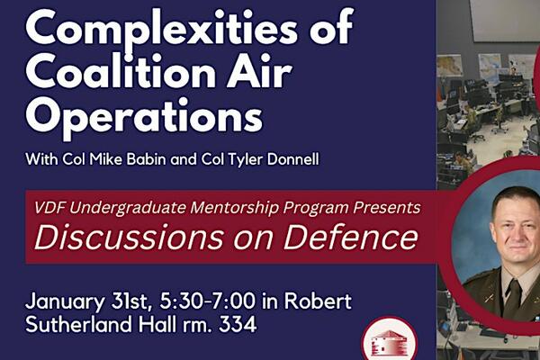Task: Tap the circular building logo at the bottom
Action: coord(390,342)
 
